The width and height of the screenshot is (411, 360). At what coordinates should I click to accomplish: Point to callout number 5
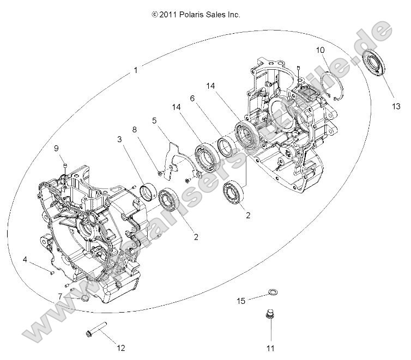point(154,120)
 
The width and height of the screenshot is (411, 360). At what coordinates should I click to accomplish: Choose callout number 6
point(192,99)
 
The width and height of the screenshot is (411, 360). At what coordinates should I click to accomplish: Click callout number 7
point(61,296)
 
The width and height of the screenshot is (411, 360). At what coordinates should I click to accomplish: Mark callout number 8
point(134,130)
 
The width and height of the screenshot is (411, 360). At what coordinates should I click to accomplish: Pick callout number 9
point(56,149)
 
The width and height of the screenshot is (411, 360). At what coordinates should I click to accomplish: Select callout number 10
point(321,50)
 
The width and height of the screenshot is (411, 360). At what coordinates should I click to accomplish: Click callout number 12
point(121,348)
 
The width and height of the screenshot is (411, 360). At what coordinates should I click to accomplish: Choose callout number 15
point(240,301)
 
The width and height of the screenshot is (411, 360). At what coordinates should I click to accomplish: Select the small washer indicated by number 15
point(270,295)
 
